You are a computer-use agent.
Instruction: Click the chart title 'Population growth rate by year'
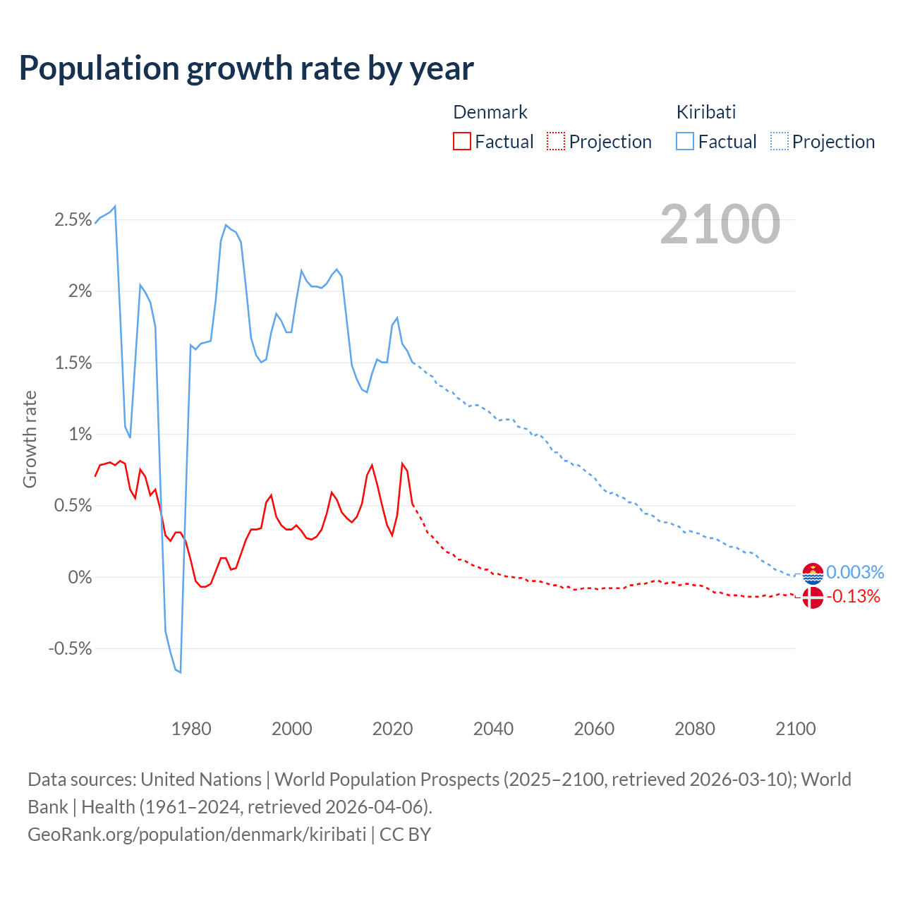click(246, 68)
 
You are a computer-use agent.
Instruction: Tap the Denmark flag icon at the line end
click(813, 598)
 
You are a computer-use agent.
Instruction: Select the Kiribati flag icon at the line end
click(813, 574)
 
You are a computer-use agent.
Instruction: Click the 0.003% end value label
click(855, 572)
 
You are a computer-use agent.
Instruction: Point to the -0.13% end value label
click(854, 597)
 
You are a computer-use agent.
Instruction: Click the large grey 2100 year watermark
click(720, 224)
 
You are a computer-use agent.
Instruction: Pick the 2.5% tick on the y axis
click(73, 220)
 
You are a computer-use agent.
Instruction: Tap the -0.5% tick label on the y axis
click(71, 649)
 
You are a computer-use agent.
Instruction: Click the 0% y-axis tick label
click(80, 578)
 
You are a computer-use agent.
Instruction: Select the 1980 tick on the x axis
click(191, 729)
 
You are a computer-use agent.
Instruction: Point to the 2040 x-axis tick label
click(493, 729)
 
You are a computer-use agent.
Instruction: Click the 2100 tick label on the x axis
click(795, 729)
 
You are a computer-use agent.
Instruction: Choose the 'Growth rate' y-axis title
click(30, 439)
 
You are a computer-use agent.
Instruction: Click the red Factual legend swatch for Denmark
click(462, 142)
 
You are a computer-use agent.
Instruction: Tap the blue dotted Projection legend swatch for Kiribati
click(780, 142)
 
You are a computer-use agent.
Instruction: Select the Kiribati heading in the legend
click(705, 112)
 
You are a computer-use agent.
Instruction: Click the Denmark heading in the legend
click(490, 112)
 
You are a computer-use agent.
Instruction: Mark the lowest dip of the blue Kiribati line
click(180, 672)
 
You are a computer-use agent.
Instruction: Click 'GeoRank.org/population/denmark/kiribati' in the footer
click(197, 835)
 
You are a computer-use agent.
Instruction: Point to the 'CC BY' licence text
click(405, 835)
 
